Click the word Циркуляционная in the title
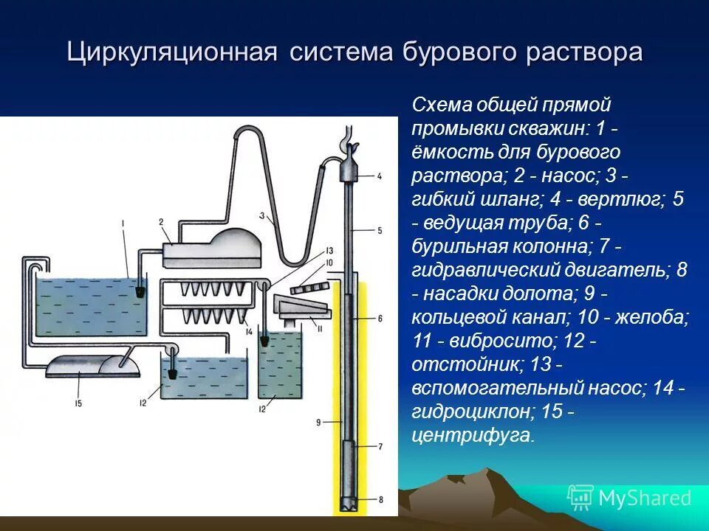tap(171, 54)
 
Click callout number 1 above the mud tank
tap(123, 222)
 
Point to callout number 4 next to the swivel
tap(379, 176)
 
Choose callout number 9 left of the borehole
tap(317, 423)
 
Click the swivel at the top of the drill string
tap(348, 169)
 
